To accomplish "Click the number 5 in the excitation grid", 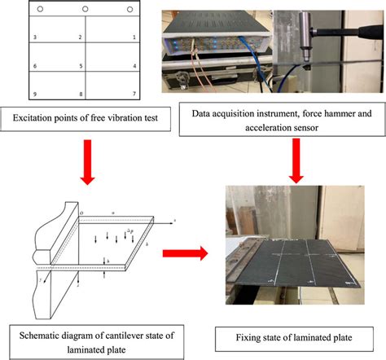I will point(80,66).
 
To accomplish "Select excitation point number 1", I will point(134,37).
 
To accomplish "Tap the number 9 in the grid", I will point(33,94).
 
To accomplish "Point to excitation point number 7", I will point(134,94).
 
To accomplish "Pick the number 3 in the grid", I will point(33,37).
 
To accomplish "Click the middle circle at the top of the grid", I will point(85,9).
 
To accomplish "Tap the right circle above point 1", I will point(129,9).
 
